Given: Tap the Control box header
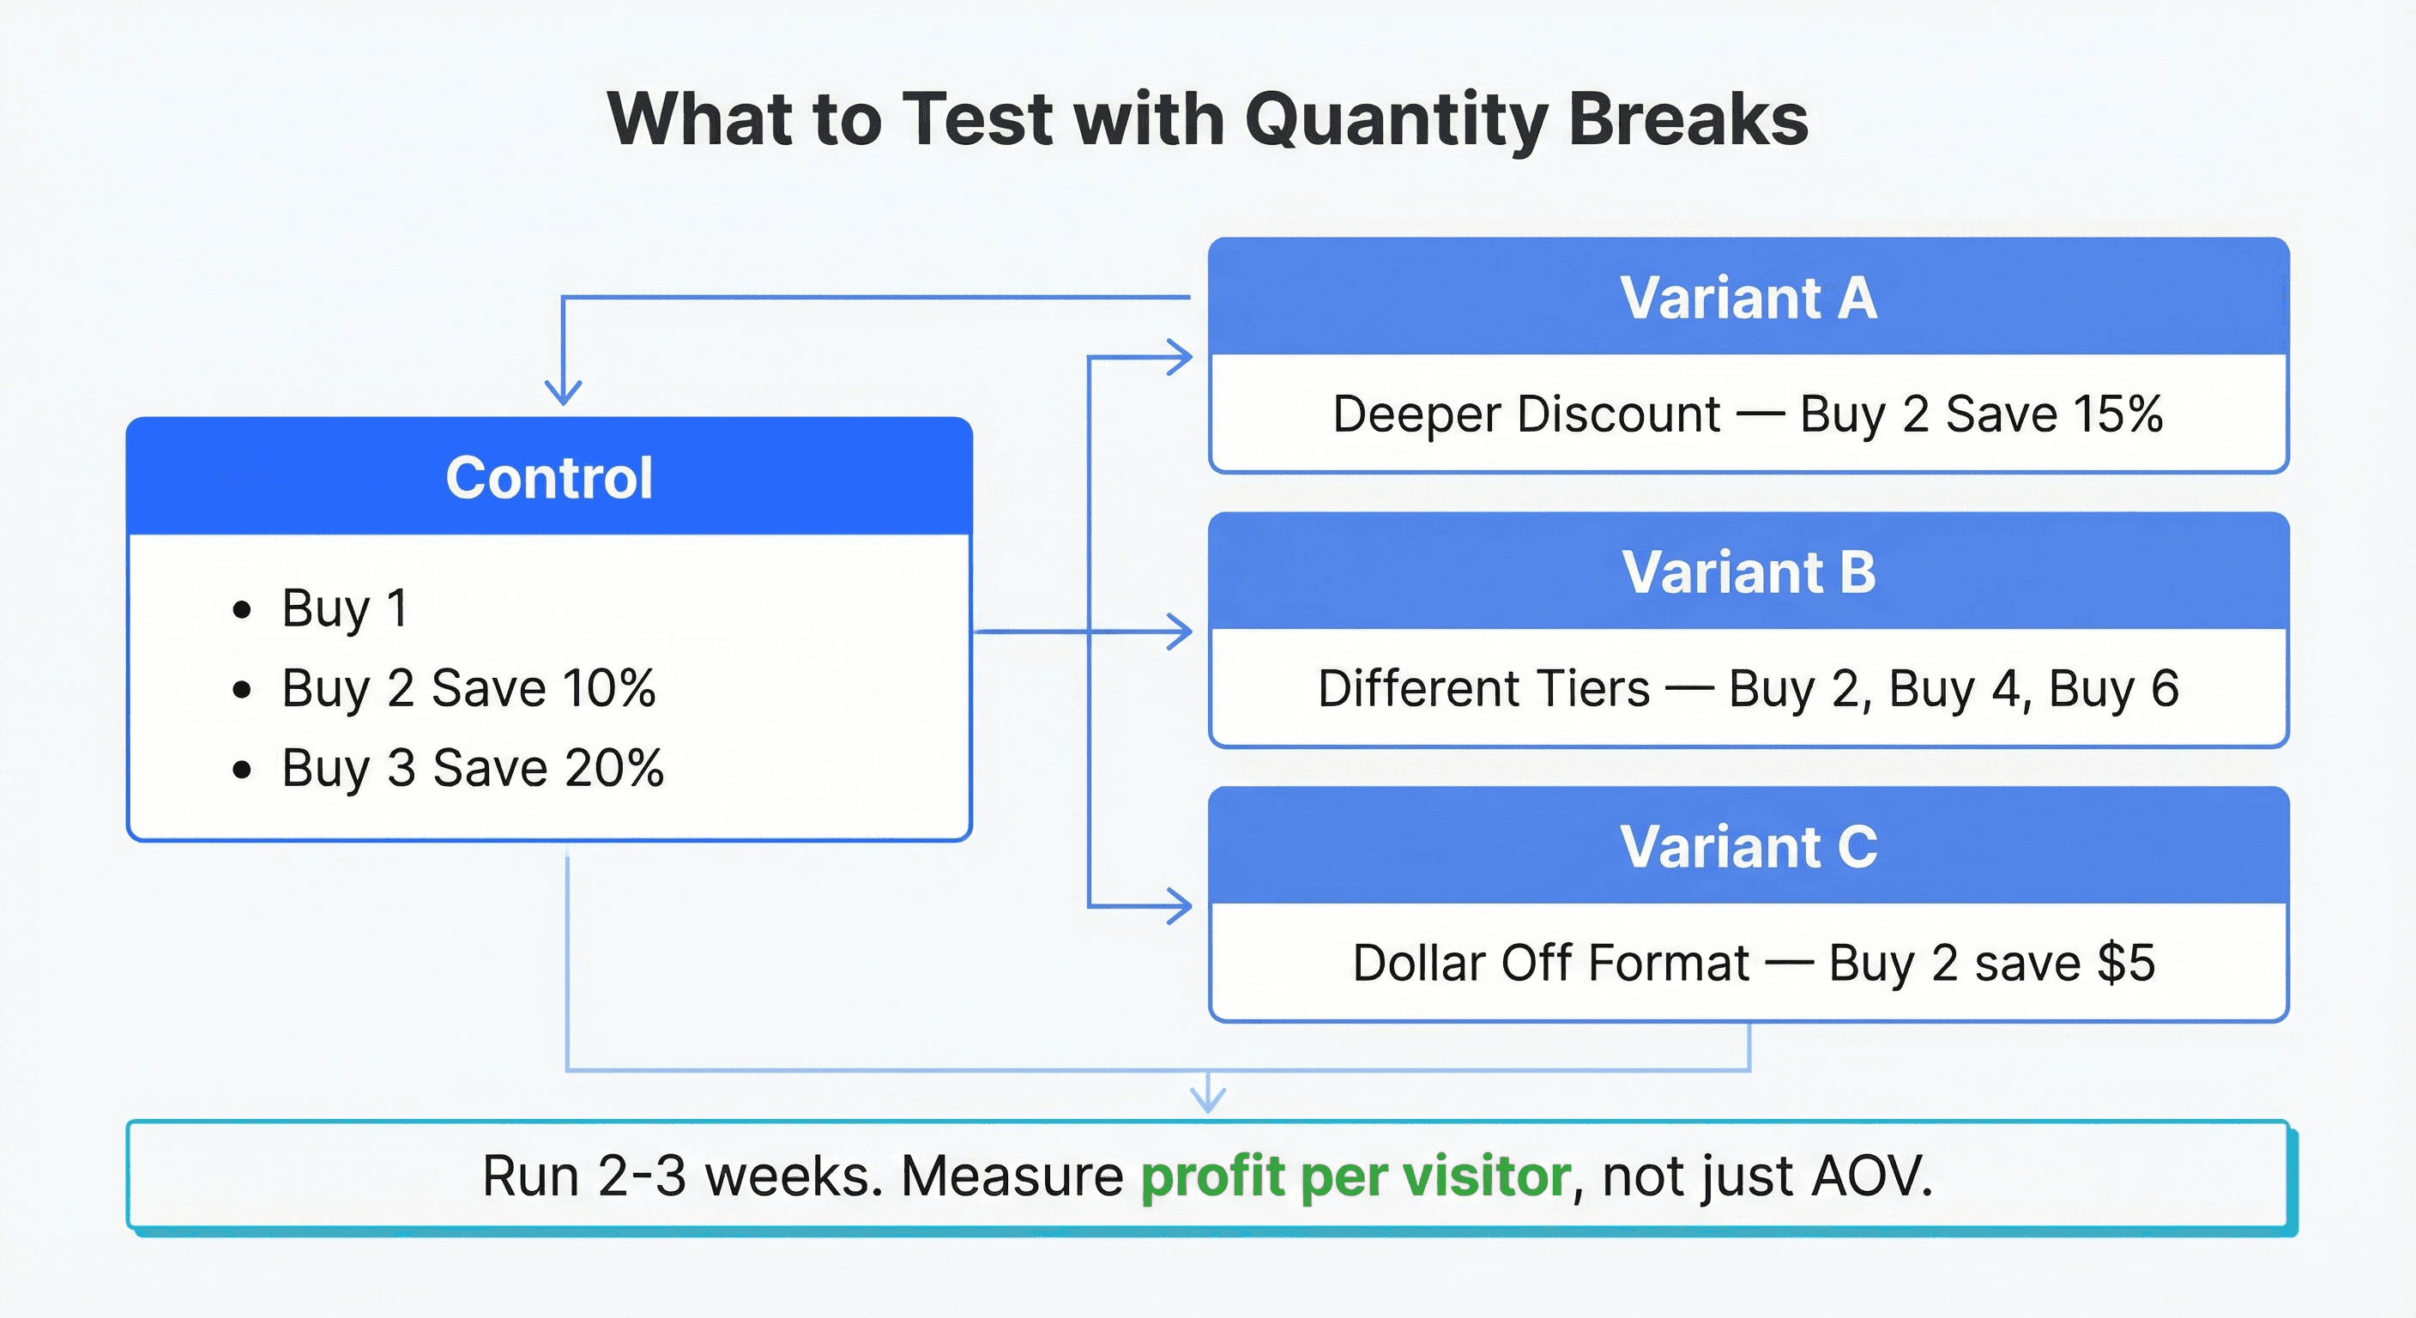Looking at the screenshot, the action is (550, 476).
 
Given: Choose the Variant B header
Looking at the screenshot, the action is (1749, 571).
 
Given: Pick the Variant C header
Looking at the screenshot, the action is (1749, 846).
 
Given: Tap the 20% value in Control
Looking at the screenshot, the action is (614, 768).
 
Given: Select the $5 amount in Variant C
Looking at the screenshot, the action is (2127, 963).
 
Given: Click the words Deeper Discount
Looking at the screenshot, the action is (1527, 414).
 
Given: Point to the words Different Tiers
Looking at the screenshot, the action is (1483, 688).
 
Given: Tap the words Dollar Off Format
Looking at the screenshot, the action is (1551, 964).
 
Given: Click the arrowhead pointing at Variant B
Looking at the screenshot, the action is (1179, 632).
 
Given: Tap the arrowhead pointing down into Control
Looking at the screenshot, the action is (563, 392).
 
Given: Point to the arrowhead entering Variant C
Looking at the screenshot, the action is (1179, 906).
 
